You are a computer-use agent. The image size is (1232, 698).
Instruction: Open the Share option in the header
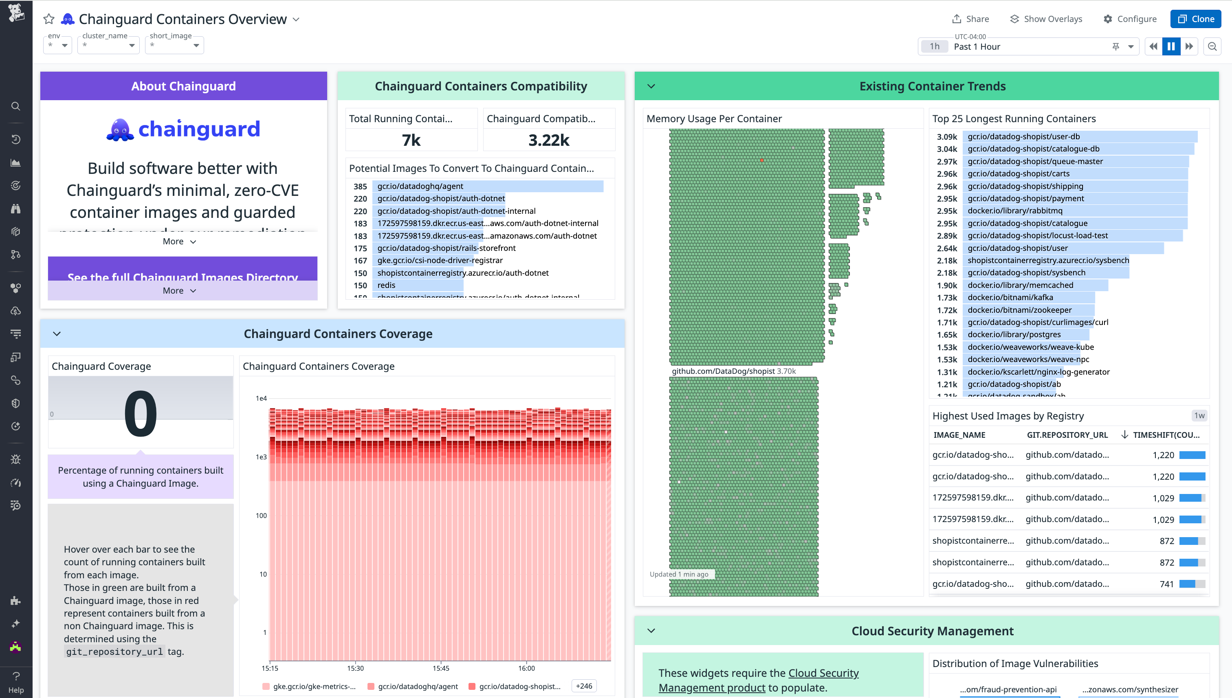tap(970, 19)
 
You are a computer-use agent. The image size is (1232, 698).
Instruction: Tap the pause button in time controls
tap(1170, 46)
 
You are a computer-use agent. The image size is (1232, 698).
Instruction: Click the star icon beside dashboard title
tap(49, 19)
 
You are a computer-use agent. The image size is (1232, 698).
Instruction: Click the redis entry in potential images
tap(386, 285)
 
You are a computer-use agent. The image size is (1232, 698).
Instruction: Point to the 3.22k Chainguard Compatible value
tap(549, 140)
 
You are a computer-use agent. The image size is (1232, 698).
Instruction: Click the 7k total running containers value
tap(411, 140)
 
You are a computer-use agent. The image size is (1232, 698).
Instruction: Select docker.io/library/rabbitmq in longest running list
tap(1015, 211)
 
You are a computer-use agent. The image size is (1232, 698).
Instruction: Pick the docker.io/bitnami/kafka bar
tap(1010, 297)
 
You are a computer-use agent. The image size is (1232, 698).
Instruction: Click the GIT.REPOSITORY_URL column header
tap(1067, 435)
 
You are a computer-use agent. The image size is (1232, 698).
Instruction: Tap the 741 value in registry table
tap(1166, 584)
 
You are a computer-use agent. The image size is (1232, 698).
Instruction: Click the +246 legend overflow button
tap(584, 686)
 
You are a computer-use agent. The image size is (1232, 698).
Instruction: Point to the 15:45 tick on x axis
tap(441, 668)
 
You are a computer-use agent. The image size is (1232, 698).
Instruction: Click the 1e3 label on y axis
tap(261, 457)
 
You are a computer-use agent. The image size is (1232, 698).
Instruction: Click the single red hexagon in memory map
tap(761, 160)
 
